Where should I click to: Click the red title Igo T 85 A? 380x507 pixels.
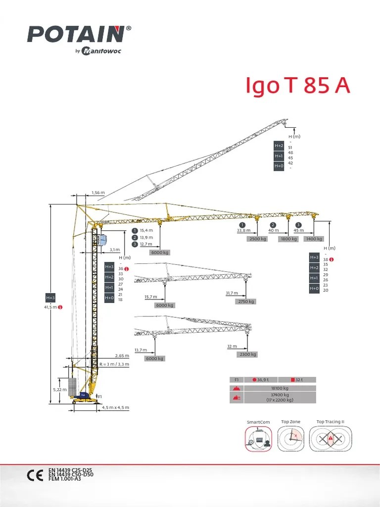click(298, 86)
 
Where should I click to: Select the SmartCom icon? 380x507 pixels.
click(258, 439)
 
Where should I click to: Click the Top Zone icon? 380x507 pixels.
click(290, 439)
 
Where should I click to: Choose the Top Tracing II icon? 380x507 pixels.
click(330, 439)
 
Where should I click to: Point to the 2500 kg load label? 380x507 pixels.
click(258, 239)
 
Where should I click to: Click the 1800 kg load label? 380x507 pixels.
click(289, 239)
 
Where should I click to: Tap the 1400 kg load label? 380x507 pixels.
click(314, 239)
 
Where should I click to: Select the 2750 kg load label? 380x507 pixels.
click(246, 302)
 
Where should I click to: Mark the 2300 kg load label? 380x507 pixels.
click(247, 355)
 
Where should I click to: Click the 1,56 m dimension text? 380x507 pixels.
click(98, 193)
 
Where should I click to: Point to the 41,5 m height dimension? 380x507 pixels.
click(50, 307)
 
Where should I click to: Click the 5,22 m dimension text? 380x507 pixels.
click(59, 390)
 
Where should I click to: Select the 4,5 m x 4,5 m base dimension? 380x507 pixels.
click(115, 407)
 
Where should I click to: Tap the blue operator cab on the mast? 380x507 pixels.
click(102, 241)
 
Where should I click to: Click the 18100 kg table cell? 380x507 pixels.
click(280, 388)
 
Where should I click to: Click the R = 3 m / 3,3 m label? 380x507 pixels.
click(114, 364)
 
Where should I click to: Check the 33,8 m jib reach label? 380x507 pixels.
click(243, 230)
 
